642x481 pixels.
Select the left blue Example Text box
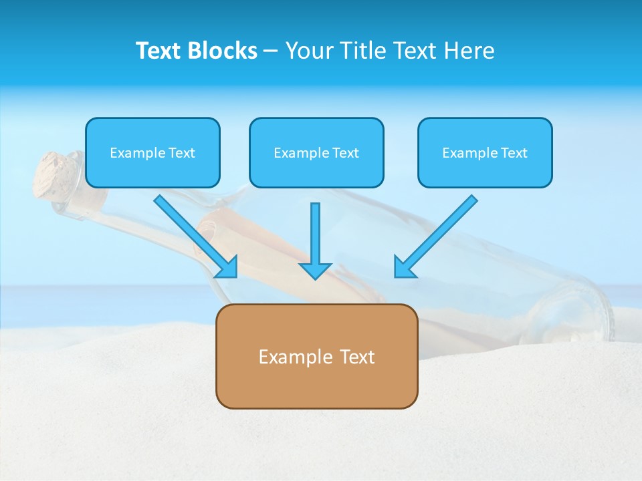pos(152,152)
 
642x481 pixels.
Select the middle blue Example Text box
pos(316,152)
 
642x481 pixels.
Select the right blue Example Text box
pos(485,152)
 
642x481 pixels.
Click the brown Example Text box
pos(316,356)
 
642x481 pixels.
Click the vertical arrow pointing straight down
pos(315,240)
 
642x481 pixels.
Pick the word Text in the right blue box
pos(514,153)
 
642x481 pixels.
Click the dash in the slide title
pos(271,51)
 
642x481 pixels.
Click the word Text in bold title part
pos(159,51)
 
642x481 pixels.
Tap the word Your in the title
pos(310,51)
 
